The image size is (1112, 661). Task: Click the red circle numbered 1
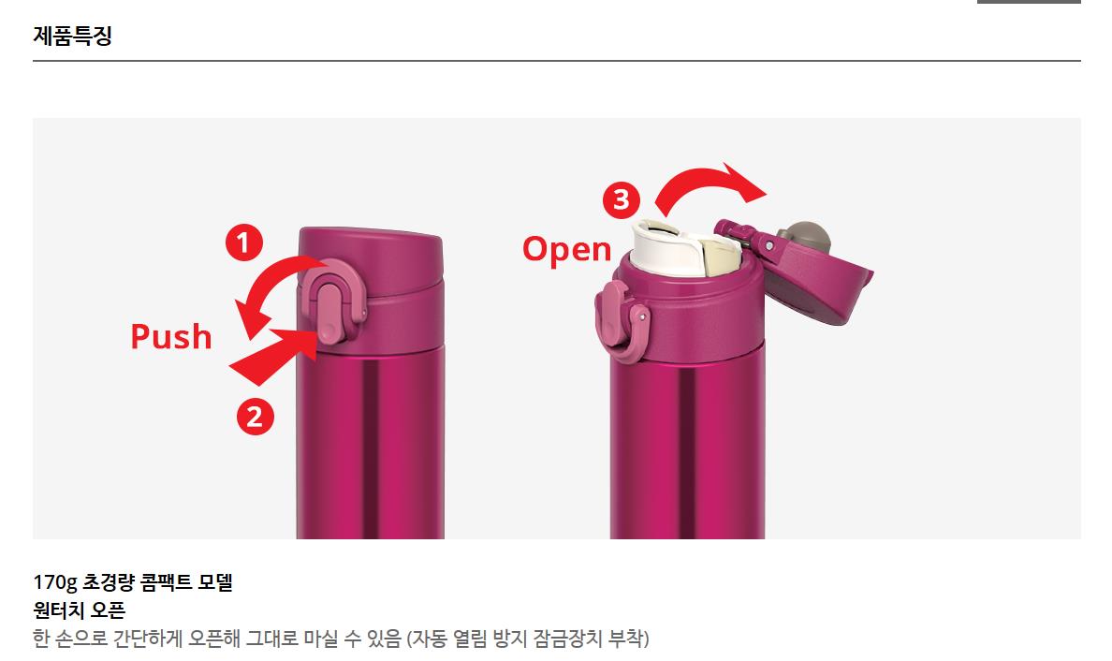[244, 243]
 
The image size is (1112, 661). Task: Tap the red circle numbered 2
[256, 417]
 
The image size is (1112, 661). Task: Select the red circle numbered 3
[622, 199]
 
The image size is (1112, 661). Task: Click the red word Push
[171, 337]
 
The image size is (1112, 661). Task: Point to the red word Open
[566, 251]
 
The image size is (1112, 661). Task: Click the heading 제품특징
[72, 35]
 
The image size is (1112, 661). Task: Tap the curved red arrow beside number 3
[710, 185]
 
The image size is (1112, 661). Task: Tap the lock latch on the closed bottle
[332, 305]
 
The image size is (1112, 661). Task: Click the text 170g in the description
[54, 583]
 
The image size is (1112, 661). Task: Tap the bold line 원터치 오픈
[79, 610]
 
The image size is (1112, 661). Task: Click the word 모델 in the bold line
[215, 582]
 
